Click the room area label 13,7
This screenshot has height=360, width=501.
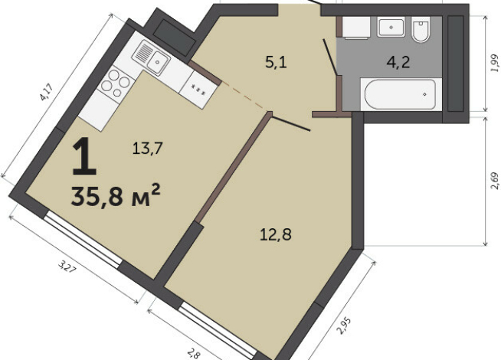[x=148, y=149]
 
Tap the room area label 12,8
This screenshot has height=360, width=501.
[x=276, y=235]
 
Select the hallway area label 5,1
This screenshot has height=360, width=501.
[x=276, y=62]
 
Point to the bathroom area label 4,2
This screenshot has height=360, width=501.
[x=398, y=61]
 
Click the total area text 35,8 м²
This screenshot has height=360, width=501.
[x=116, y=195]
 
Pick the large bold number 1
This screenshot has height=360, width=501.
[x=84, y=156]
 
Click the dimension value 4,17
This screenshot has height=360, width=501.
[x=46, y=92]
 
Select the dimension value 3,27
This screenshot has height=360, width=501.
[x=67, y=266]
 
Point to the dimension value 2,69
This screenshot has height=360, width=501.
[x=495, y=181]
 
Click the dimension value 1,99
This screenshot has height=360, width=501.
[x=495, y=64]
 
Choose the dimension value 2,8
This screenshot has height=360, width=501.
[x=194, y=353]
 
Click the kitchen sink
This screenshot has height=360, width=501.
[x=151, y=57]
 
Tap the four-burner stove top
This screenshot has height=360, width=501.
[x=116, y=83]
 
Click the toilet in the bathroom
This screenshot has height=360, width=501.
[x=421, y=30]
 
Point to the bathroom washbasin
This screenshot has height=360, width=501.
[x=391, y=27]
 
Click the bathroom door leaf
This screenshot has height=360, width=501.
[x=330, y=57]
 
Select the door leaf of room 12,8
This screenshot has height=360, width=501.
[x=291, y=123]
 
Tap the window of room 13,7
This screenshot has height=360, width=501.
[x=83, y=241]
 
